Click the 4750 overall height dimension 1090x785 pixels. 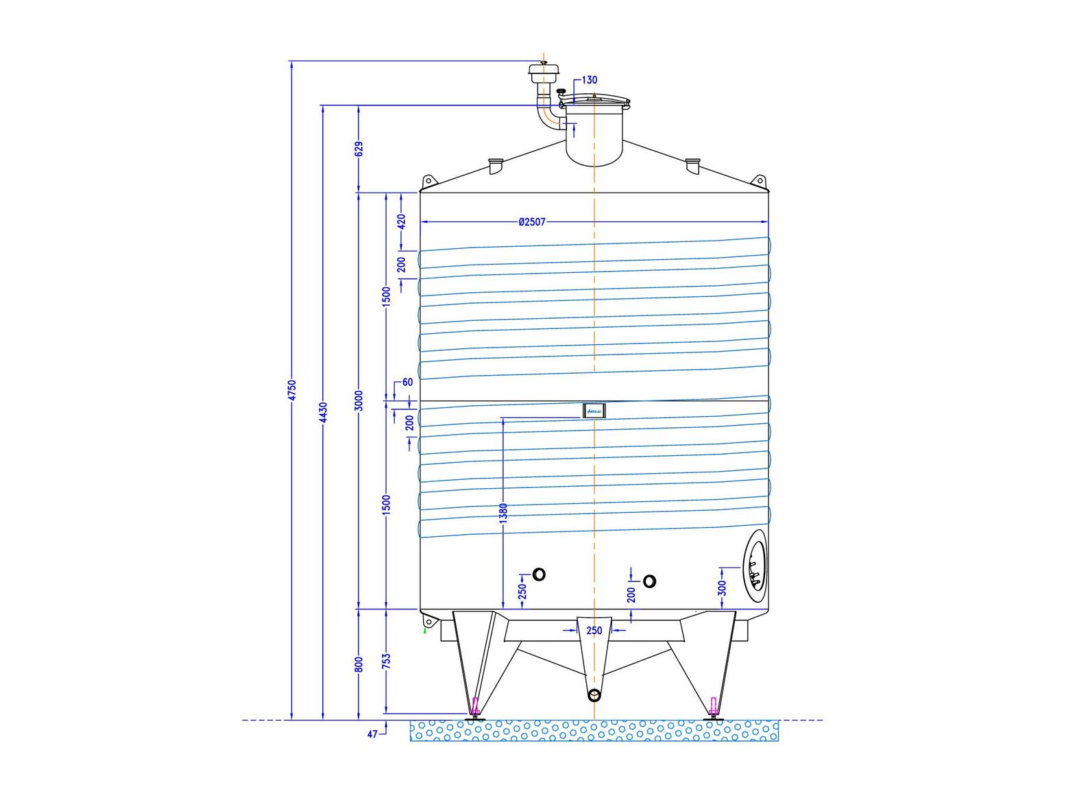click(291, 390)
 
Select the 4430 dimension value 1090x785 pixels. click(323, 413)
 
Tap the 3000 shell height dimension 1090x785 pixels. click(359, 400)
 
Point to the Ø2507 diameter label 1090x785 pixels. click(532, 222)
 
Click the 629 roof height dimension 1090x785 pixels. click(359, 149)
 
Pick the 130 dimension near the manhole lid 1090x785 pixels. click(589, 80)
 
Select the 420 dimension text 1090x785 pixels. click(402, 221)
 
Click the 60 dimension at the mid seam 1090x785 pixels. click(408, 382)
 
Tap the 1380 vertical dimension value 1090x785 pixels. click(503, 514)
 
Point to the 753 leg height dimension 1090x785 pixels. click(387, 662)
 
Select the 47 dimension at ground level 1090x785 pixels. click(372, 734)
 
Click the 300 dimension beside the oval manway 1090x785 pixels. click(721, 588)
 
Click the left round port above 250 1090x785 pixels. click(539, 575)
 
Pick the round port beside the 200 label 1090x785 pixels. click(649, 581)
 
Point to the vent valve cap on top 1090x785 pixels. click(544, 69)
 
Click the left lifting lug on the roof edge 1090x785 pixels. click(428, 182)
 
